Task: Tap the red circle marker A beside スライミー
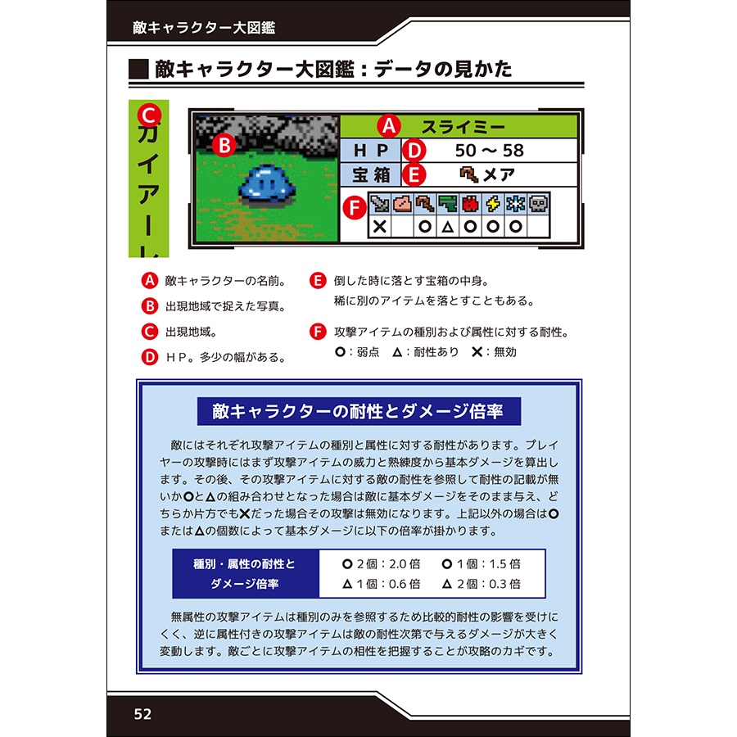click(x=387, y=126)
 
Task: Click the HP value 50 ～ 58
click(x=489, y=151)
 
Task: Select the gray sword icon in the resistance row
click(x=379, y=204)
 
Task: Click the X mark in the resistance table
click(x=379, y=227)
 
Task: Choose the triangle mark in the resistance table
click(x=448, y=227)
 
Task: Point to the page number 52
click(x=143, y=713)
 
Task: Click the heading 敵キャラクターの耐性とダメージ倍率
click(x=358, y=411)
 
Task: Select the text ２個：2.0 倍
click(x=380, y=563)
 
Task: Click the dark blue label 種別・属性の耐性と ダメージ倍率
click(x=243, y=574)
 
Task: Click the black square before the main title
click(x=139, y=69)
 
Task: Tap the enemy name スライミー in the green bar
click(x=463, y=126)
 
